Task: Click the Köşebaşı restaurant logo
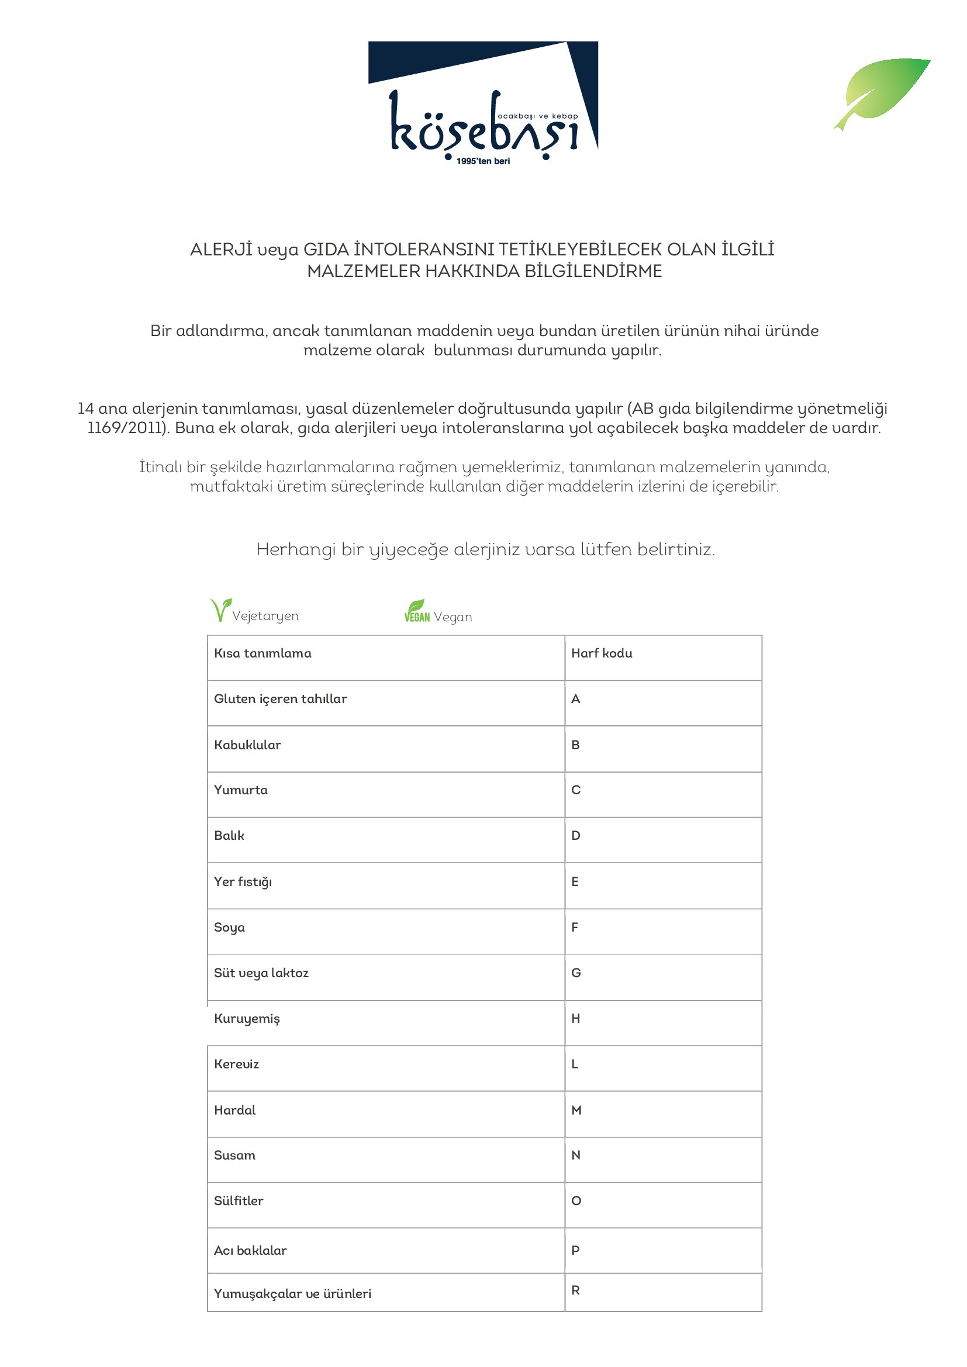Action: click(483, 101)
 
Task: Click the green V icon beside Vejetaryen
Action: click(220, 610)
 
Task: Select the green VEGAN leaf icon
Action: click(416, 611)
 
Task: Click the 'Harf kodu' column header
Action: click(602, 653)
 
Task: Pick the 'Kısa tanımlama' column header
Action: click(263, 653)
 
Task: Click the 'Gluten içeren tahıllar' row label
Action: click(281, 699)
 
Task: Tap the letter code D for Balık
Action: click(576, 836)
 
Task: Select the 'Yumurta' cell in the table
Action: click(240, 790)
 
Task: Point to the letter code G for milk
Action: click(576, 973)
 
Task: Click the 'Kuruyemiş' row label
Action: click(247, 1019)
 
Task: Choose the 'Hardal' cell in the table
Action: click(234, 1110)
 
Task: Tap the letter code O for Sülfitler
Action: click(576, 1201)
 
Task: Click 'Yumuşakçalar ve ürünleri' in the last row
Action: click(292, 1294)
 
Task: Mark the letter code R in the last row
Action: click(575, 1290)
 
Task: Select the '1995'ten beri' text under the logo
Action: click(483, 161)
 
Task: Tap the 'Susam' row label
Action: click(234, 1155)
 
